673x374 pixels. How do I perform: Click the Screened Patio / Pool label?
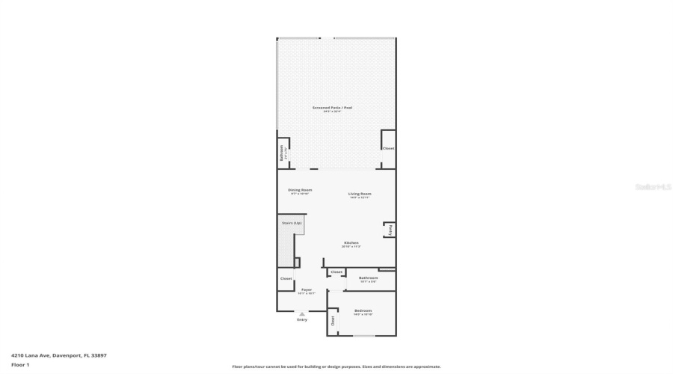tap(332, 108)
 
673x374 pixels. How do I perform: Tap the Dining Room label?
tap(300, 190)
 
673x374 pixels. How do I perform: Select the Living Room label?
tap(360, 194)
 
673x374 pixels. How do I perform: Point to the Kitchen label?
tap(351, 242)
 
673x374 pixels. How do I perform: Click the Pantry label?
tap(391, 230)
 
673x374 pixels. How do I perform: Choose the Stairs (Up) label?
tap(292, 223)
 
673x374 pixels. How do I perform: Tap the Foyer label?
tap(307, 289)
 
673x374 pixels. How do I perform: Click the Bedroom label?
tap(363, 310)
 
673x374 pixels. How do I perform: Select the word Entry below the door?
tap(302, 320)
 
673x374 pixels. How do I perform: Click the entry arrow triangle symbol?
tap(302, 314)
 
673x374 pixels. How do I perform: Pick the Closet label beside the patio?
tap(388, 148)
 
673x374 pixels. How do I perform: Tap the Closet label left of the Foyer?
tap(286, 279)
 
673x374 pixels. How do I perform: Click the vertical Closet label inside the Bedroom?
tap(333, 322)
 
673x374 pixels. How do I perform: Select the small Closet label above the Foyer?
tap(336, 272)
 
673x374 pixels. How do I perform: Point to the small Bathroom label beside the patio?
tap(282, 153)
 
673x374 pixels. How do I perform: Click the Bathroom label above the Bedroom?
tap(368, 278)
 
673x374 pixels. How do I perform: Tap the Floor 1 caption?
tap(19, 365)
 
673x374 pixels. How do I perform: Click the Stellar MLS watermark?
tap(654, 187)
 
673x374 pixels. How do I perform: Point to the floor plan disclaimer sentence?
tap(336, 367)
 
